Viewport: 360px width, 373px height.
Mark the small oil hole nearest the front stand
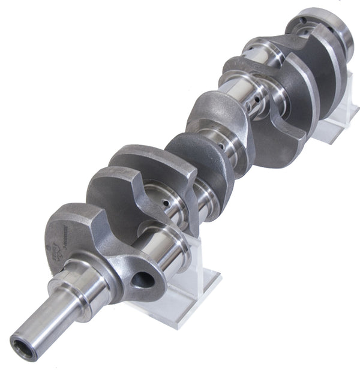(166, 204)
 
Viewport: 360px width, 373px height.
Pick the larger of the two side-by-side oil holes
(259, 101)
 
